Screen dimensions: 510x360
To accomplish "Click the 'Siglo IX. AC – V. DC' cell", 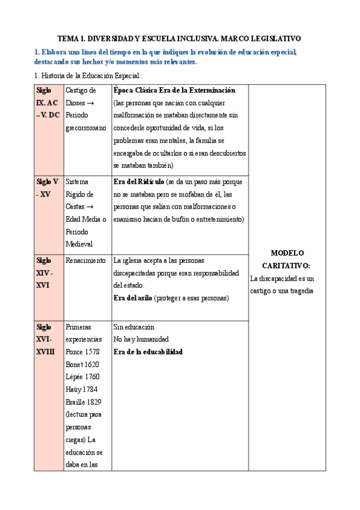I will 47,102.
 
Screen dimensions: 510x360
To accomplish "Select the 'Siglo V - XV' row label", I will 47,188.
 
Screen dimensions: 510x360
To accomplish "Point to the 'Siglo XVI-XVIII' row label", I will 45,339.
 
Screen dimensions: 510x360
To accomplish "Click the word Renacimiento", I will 86,261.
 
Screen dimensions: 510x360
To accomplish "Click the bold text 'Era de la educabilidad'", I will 148,352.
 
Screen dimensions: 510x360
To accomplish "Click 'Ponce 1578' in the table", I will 84,352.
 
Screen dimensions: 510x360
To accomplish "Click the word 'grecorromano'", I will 87,127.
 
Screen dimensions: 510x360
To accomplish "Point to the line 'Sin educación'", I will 134,327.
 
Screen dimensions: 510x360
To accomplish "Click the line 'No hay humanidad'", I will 141,339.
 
